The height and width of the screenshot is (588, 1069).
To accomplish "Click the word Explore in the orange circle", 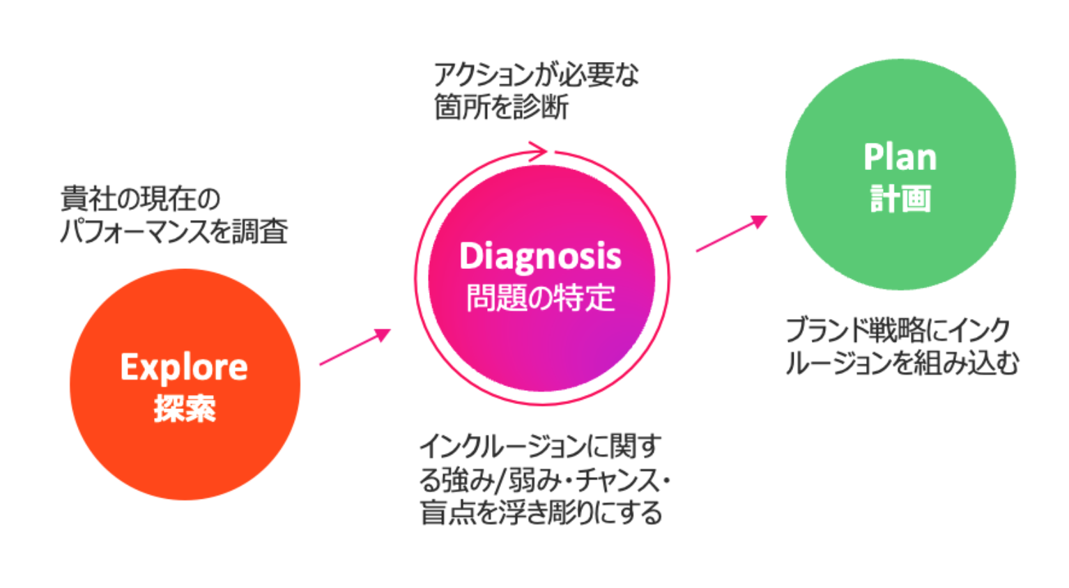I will coord(184,367).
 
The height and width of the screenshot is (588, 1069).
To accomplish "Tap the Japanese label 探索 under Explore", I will coord(185,408).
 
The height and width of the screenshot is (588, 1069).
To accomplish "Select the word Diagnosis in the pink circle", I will coord(540,257).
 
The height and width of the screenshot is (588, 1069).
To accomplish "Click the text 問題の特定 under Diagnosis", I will coord(540,298).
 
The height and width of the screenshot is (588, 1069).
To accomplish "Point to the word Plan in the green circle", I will coord(900,157).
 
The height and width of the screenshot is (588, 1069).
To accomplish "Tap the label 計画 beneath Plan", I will coord(900,199).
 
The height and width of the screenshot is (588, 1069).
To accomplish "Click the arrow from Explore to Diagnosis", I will coord(355,346).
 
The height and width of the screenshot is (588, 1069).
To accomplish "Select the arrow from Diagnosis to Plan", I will coord(731,233).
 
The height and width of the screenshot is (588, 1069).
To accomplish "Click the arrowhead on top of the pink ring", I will coord(538,151).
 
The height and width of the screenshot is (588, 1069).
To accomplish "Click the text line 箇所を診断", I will coord(501,107).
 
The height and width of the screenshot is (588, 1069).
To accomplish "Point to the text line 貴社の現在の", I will coord(140,199).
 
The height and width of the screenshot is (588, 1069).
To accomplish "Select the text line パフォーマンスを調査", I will coord(174,231).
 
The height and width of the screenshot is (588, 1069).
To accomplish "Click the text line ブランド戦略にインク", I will coord(898,330).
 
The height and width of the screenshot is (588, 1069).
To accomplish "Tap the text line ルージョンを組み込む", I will coord(902,362).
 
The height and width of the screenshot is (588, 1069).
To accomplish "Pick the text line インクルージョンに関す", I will coord(540,447).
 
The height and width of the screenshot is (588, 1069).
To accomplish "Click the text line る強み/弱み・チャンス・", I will coord(544,480).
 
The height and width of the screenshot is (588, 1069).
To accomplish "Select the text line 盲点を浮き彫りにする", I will coord(541,513).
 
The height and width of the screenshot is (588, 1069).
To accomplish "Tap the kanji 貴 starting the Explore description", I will coord(73,199).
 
